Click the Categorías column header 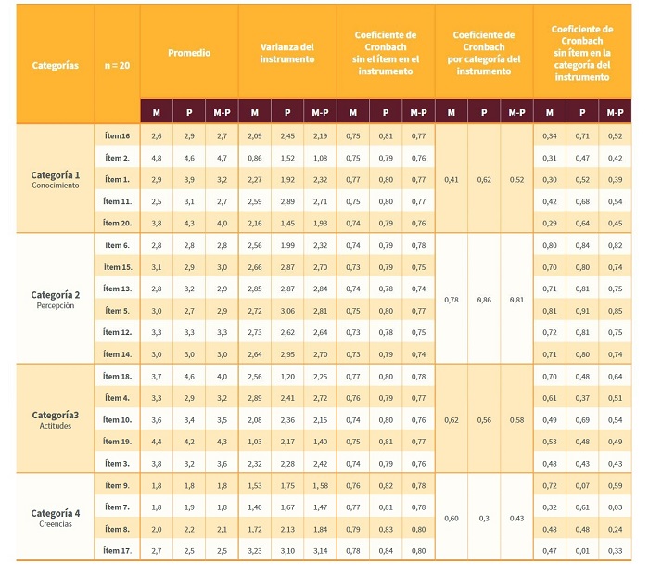(55, 66)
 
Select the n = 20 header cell (117, 66)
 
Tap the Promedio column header (188, 53)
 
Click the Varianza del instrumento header (286, 53)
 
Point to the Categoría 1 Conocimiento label (56, 179)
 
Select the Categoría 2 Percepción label (56, 299)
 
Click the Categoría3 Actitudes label (56, 418)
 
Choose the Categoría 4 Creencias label (56, 517)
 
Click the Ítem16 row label (117, 136)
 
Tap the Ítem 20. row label (117, 222)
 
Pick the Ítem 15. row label (117, 266)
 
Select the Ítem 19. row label (117, 441)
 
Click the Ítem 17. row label (117, 550)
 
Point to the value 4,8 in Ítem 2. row (156, 158)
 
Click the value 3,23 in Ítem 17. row (254, 550)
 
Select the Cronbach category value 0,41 (452, 179)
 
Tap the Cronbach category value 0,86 (484, 299)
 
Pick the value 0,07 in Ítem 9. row (582, 485)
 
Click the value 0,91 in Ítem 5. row (582, 310)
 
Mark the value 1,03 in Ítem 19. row (254, 441)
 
